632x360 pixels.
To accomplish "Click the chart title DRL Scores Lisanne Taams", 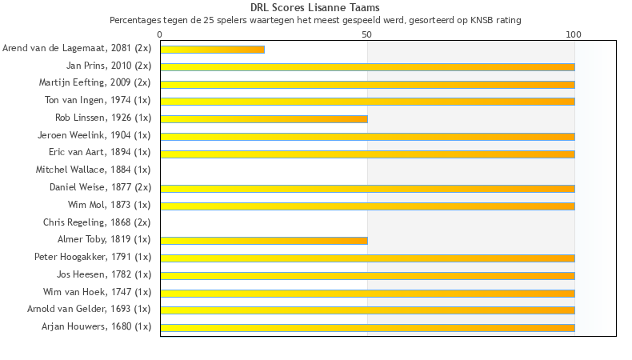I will pyautogui.click(x=315, y=8).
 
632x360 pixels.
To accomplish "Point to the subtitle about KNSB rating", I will pyautogui.click(x=315, y=19).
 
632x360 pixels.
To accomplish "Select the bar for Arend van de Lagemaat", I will pyautogui.click(x=212, y=50).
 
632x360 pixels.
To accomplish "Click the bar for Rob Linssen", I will pyautogui.click(x=264, y=119).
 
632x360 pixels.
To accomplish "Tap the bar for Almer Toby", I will pyautogui.click(x=264, y=240).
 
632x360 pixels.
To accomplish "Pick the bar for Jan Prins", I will pyautogui.click(x=367, y=66).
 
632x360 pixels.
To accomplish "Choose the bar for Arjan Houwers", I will pyautogui.click(x=367, y=327).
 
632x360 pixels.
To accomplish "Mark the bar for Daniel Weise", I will pyautogui.click(x=367, y=188).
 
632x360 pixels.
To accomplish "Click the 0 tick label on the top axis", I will pyautogui.click(x=160, y=34).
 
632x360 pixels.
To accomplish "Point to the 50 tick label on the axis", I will pyautogui.click(x=367, y=34).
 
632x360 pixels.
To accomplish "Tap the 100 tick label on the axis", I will pyautogui.click(x=574, y=34).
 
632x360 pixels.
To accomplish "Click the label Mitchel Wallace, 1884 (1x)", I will pyautogui.click(x=93, y=170).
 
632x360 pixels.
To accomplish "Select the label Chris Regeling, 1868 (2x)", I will pyautogui.click(x=96, y=222).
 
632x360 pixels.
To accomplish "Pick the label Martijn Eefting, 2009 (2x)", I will pyautogui.click(x=94, y=82).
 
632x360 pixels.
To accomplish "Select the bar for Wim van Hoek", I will pyautogui.click(x=367, y=293).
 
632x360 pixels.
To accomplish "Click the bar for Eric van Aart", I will pyautogui.click(x=367, y=154).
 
